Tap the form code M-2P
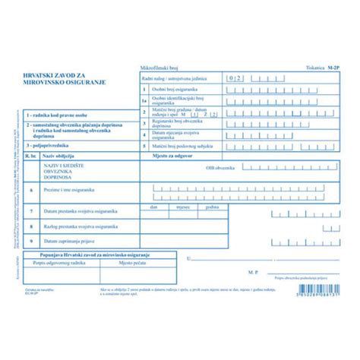coord(333,69)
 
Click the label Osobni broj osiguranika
coord(172,89)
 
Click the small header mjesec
coord(183,206)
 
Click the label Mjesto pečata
coord(132,261)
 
